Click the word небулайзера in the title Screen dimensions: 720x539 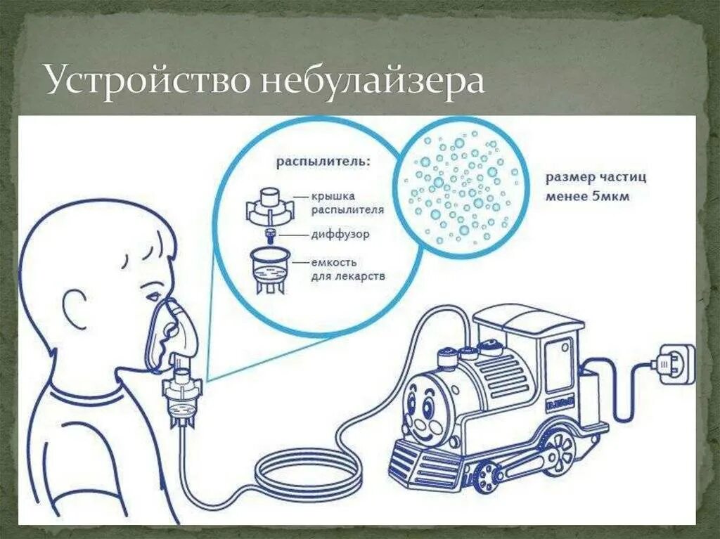click(x=373, y=81)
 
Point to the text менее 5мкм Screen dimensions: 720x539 click(x=588, y=197)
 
